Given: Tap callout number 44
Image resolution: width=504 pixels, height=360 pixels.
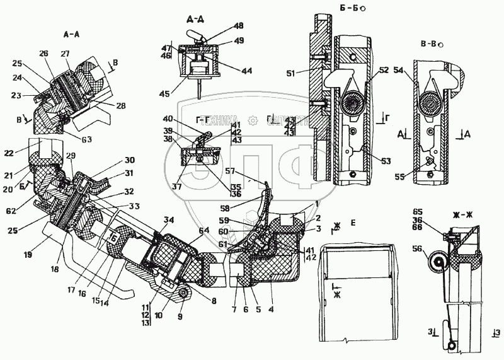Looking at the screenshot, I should [246, 71].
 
